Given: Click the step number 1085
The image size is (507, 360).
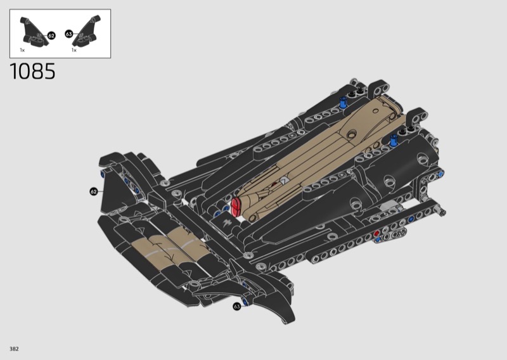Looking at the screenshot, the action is click(x=33, y=72).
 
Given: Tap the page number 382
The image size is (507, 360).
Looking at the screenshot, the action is click(x=14, y=349).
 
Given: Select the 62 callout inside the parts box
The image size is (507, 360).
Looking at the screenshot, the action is click(x=51, y=35).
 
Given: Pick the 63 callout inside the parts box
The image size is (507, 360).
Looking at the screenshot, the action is click(x=69, y=34).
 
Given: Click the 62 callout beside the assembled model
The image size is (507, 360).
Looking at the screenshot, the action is click(x=93, y=192).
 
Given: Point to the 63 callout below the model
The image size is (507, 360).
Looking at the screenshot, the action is click(x=237, y=306).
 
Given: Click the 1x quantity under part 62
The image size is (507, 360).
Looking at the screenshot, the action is click(x=22, y=50).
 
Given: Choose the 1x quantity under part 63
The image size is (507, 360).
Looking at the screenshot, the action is click(x=74, y=50).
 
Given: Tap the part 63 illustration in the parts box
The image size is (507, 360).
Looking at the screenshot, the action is click(x=87, y=30).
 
